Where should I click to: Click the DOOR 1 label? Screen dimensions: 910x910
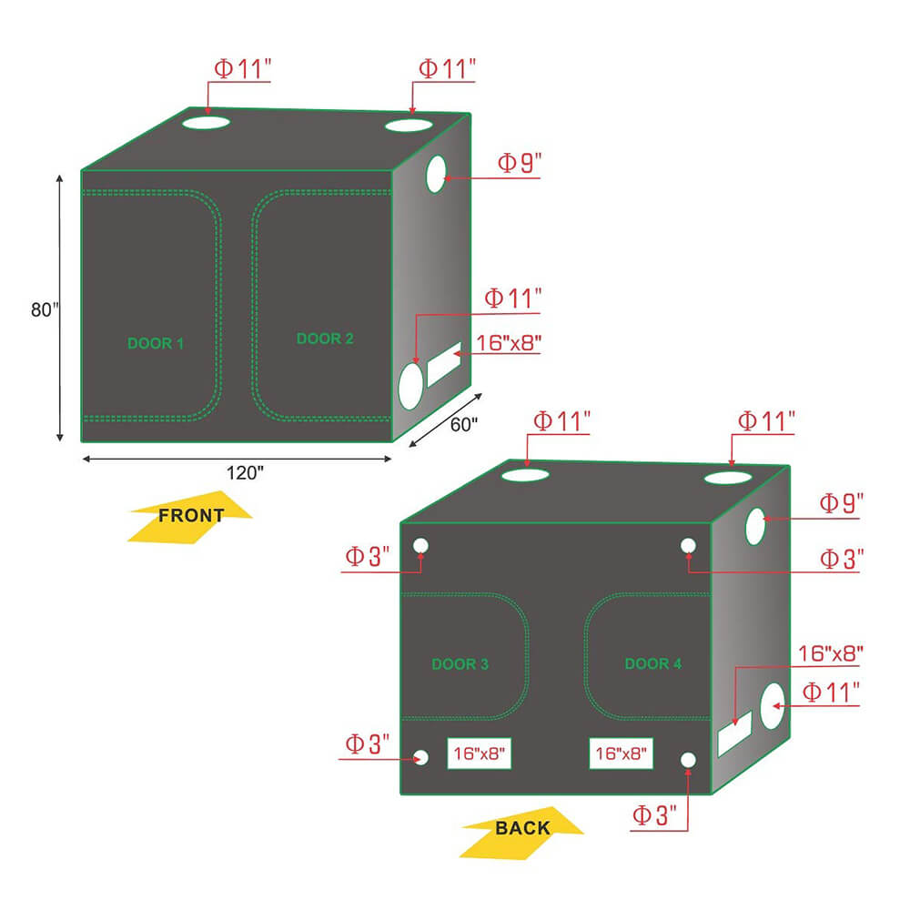(x=156, y=344)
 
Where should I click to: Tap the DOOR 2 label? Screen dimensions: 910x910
(x=325, y=339)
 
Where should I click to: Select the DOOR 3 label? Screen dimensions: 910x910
(x=460, y=664)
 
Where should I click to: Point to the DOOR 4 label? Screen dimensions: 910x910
(x=652, y=663)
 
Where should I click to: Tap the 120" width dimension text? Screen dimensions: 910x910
(x=245, y=473)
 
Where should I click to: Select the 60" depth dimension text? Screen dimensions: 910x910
(x=464, y=425)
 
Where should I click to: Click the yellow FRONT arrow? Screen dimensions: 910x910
(x=190, y=517)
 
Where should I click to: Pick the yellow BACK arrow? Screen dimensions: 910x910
(x=522, y=833)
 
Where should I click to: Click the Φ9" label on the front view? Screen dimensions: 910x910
(x=520, y=163)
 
